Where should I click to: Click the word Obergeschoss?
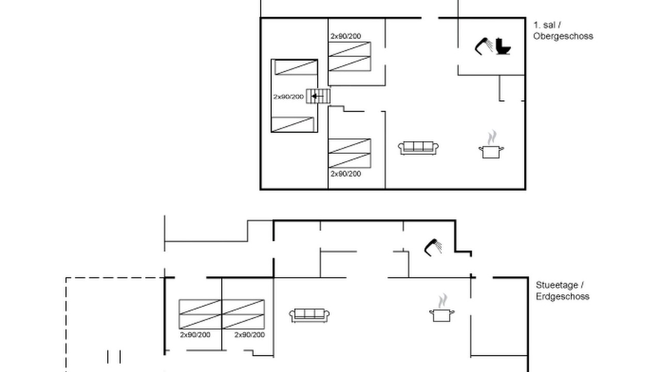coord(563,36)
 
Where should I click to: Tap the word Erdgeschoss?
coord(562,297)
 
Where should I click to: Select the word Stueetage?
coord(557,285)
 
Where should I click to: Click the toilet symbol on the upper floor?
coord(503,47)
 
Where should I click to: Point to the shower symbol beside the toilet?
coord(483,47)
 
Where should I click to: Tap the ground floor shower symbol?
coord(433,247)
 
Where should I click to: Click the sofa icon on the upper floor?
coord(418,148)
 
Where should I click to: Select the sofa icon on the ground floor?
coord(309,316)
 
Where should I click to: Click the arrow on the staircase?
coord(318,96)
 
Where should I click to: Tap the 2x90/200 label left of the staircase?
coord(288,97)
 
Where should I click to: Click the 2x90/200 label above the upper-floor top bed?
coord(345,36)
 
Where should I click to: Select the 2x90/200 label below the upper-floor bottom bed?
coord(345,174)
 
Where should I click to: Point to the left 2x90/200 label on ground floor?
coord(195,335)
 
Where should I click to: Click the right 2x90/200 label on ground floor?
coord(249,335)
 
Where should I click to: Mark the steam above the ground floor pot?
coord(443,301)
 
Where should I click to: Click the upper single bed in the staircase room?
coord(296,67)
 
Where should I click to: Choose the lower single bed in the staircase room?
coord(292,125)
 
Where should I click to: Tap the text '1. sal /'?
coord(547,25)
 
